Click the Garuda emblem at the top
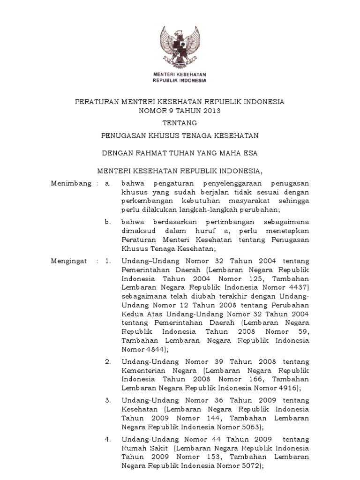[180, 46]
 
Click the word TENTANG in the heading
[180, 123]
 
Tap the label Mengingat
[69, 261]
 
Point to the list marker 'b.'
[108, 222]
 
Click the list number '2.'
[108, 362]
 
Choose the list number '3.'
[108, 400]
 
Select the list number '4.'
[108, 439]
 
